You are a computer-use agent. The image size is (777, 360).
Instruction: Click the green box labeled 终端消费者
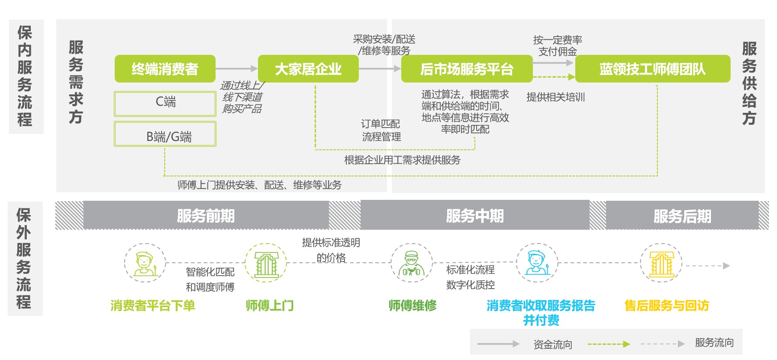point(165,69)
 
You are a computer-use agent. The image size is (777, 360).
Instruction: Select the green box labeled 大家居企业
point(308,69)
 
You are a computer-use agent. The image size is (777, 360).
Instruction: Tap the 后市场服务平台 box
point(467,69)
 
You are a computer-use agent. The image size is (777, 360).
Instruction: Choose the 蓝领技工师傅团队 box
point(652,69)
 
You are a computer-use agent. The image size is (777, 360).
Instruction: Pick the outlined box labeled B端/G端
point(165,134)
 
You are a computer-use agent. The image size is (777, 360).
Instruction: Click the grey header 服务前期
point(206,215)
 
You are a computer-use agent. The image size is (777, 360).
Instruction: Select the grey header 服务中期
point(475,215)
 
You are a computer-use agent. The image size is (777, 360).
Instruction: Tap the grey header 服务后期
point(682,216)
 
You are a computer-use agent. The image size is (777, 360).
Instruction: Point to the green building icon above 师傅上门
point(266,263)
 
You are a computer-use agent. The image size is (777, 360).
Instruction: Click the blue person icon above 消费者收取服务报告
point(536,263)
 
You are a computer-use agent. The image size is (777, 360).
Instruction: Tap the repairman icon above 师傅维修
point(411,263)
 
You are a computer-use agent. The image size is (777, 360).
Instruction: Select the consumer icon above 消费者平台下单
point(145,263)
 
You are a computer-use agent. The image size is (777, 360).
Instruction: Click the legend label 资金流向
point(553,344)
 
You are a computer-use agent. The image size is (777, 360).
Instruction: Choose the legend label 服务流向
point(715,343)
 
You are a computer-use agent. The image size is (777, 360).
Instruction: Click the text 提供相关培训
point(556,97)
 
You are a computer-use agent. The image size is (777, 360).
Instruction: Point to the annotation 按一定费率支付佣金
point(557,46)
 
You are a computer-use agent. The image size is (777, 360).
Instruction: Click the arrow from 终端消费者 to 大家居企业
point(237,69)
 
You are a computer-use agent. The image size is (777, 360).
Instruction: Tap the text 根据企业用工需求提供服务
point(402,160)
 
